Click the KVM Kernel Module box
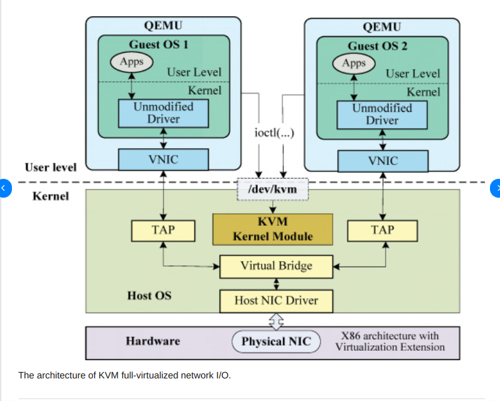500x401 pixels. [272, 230]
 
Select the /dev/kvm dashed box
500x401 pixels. [272, 188]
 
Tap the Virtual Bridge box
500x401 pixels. [276, 266]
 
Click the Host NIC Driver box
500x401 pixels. [276, 301]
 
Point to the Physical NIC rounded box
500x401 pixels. [276, 342]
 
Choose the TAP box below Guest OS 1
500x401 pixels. [163, 230]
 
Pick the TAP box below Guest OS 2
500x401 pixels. [382, 230]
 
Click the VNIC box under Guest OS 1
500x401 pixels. [163, 159]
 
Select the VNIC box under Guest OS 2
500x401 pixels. [382, 161]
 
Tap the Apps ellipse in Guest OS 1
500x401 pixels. [131, 61]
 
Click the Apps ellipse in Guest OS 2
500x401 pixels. [354, 63]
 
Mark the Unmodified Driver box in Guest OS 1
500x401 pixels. [163, 112]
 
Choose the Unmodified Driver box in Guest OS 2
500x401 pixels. [381, 114]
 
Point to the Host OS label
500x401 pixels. [149, 294]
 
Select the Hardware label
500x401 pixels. [152, 341]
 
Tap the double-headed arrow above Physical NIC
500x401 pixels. [276, 321]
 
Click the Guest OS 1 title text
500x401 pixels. [158, 45]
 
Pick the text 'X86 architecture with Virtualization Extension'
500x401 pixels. [390, 341]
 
